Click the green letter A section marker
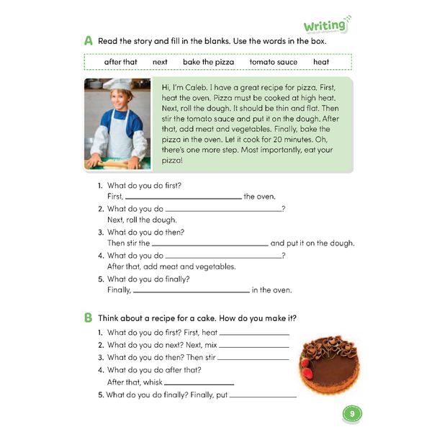click(88, 42)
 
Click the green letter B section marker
click(88, 318)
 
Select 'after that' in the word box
click(120, 62)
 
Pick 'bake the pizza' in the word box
click(208, 62)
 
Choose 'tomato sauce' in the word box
click(273, 62)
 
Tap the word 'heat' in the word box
click(321, 62)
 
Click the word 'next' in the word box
click(160, 62)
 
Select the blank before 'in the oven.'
click(191, 292)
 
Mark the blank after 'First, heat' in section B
click(254, 334)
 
